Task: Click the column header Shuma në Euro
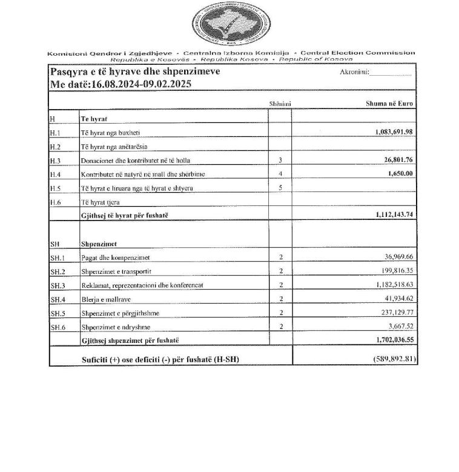[389, 104]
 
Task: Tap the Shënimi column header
[280, 104]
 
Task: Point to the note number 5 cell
[280, 188]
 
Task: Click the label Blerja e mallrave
[105, 299]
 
